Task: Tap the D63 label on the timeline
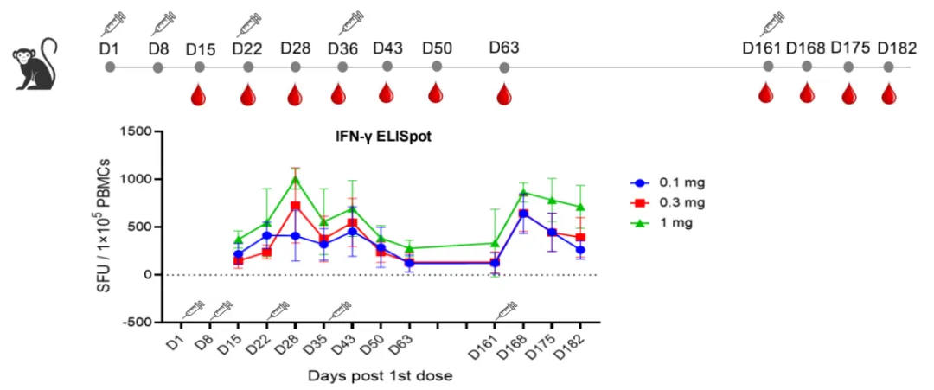point(504,46)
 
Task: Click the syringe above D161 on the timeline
point(771,23)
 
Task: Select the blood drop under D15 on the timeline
point(199,94)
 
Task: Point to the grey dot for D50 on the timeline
point(437,66)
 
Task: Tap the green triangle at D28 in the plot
point(295,180)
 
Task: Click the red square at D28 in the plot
point(295,206)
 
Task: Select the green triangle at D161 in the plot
point(495,244)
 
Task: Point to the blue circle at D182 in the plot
point(580,250)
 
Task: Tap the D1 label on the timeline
point(109,46)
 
